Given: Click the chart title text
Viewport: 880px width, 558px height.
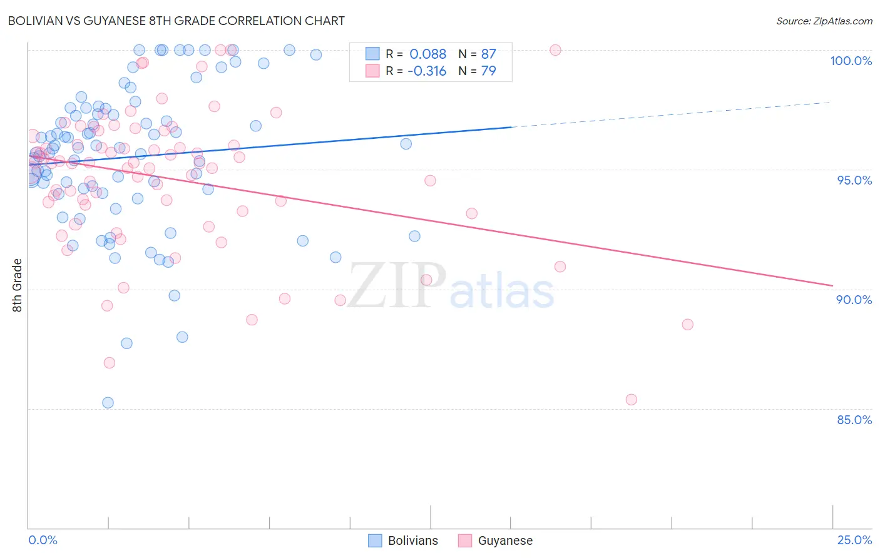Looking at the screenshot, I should (x=176, y=21).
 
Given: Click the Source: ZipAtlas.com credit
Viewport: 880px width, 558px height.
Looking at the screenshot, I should (x=824, y=21).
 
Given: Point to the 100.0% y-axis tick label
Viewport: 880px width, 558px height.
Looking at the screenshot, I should (x=851, y=61).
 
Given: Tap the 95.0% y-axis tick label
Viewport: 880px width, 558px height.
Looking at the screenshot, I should (x=854, y=180).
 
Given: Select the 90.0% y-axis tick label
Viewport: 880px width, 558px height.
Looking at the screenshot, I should (x=854, y=300).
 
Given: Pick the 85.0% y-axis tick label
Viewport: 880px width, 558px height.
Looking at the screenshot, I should (x=854, y=420).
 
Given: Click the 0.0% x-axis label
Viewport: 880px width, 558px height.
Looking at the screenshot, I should (x=43, y=540).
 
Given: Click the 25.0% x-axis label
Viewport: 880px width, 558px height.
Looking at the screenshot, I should (x=854, y=540).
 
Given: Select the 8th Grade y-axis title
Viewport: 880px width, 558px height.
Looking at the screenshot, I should (x=18, y=285).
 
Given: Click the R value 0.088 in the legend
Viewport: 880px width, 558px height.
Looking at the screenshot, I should (x=427, y=54).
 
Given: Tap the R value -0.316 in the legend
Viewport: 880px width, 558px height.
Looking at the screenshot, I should (x=427, y=71).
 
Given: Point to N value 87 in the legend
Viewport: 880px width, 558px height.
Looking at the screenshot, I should (x=488, y=54).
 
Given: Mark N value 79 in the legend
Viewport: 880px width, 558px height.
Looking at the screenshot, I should (x=488, y=71).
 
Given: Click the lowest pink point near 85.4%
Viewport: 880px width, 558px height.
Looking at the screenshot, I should (x=631, y=400).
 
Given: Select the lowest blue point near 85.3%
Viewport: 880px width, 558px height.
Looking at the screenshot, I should (x=108, y=403).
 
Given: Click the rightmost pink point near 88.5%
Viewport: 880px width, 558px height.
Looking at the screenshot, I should (x=687, y=325).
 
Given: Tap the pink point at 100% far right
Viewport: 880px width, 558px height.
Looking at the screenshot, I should (x=555, y=50).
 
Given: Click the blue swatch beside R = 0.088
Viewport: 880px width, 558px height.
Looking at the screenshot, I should (x=372, y=54).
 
